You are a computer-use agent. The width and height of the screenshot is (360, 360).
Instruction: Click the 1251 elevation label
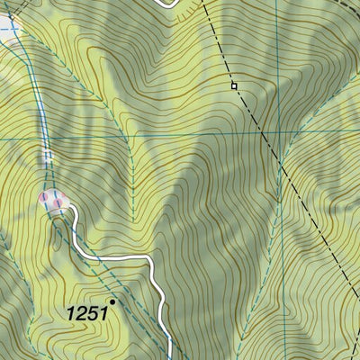coord(87,312)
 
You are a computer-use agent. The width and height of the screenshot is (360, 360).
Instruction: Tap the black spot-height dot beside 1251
coord(112,301)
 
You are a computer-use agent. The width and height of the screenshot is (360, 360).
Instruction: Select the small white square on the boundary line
coord(233,85)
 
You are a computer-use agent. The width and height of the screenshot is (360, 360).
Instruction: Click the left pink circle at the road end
coord(44,197)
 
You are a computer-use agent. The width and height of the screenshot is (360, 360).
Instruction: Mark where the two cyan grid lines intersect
coord(282,140)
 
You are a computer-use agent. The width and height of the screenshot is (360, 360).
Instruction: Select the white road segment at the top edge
coord(166,3)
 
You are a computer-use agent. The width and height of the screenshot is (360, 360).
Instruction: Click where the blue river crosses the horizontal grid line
coord(45,139)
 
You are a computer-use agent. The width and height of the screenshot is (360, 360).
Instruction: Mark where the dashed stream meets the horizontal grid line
coord(132,139)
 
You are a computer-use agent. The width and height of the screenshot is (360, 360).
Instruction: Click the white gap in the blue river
coord(48,157)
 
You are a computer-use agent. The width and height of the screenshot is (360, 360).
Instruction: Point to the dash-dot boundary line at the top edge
coord(203,3)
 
